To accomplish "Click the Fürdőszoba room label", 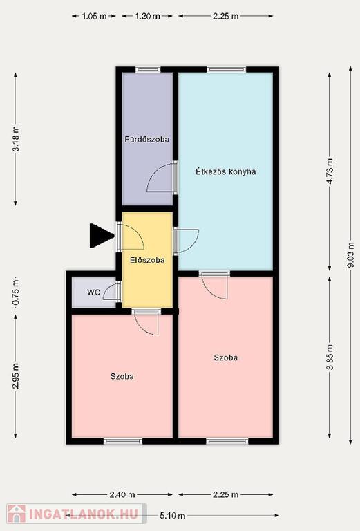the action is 147,139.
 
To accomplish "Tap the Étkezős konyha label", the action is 226,171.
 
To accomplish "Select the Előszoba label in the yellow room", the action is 147,260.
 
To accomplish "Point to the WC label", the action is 93,292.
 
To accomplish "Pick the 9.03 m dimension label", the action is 351,255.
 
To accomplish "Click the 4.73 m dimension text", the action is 330,171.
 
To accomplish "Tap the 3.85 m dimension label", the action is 330,357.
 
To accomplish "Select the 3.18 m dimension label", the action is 16,139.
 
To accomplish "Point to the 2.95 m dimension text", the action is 16,376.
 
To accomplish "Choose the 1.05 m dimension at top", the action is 94,16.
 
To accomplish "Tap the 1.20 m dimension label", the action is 147,16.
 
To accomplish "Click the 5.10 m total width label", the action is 173,516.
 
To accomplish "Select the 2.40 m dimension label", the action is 122,495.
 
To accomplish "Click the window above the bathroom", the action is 148,69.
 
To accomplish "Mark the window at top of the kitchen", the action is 227,69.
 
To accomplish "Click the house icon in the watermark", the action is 17,514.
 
